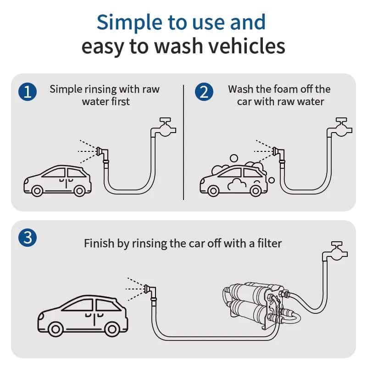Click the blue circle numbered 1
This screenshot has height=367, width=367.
28,92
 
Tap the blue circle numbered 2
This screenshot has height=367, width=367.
204,92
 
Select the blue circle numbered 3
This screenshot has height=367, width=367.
28,238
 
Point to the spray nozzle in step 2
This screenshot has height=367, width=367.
278,151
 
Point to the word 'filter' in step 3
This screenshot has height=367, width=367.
268,243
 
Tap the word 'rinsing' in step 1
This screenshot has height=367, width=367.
103,89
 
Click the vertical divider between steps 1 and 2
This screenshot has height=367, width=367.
183,142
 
